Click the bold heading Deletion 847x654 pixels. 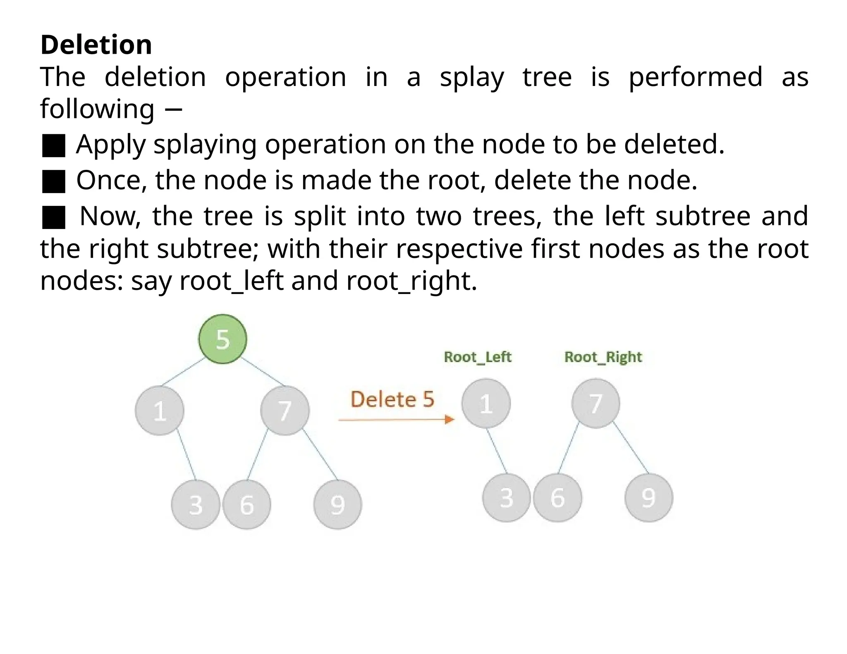(x=96, y=45)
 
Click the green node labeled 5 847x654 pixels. (x=223, y=339)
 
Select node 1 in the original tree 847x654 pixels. (x=160, y=410)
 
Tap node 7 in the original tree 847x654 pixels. (x=285, y=410)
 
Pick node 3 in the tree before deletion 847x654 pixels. (x=196, y=504)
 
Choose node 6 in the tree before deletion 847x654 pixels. (x=247, y=504)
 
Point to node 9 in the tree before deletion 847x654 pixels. (x=337, y=504)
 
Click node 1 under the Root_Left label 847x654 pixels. (x=486, y=403)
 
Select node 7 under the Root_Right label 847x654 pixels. (x=596, y=403)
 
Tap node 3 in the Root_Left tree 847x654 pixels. (x=506, y=497)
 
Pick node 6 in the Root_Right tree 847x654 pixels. (x=557, y=497)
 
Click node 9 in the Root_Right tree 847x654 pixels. (x=648, y=497)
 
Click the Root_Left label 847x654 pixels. (x=478, y=357)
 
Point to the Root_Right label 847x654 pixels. (x=603, y=357)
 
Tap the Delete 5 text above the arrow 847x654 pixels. (x=392, y=399)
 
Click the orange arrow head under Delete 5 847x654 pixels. (x=450, y=420)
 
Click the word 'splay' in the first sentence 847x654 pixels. (x=472, y=78)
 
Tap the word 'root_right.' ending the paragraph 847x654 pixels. (x=412, y=281)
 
